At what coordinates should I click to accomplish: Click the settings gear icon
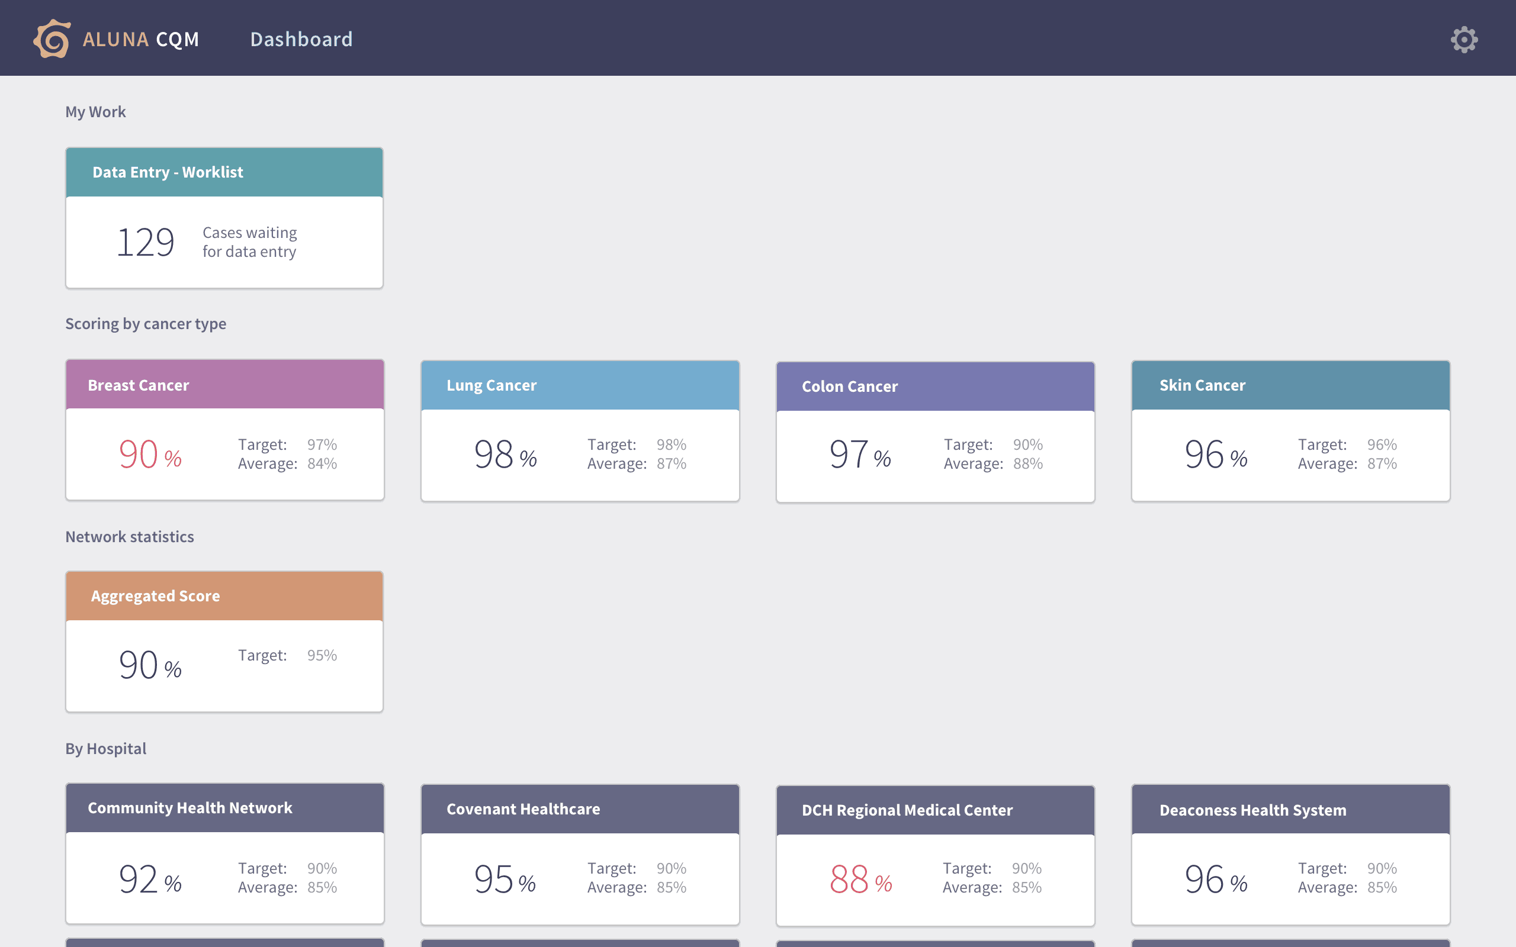1464,40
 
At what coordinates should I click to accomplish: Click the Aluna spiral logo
52,39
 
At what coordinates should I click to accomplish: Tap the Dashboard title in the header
301,40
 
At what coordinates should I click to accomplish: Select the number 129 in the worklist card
145,243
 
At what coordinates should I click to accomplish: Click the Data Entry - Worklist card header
224,172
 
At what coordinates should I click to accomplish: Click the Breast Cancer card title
139,385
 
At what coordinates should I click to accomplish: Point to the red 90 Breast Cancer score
139,454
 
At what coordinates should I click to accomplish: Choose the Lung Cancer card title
492,385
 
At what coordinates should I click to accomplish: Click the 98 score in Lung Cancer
494,454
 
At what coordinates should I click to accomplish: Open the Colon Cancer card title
849,386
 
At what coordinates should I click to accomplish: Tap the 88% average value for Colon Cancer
1028,463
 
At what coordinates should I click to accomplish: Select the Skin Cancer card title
1202,385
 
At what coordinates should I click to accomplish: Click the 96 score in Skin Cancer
1204,454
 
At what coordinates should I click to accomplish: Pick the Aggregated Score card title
155,595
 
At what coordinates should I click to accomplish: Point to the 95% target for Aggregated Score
322,655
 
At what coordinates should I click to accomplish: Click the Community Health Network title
190,808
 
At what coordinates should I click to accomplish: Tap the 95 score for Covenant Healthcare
494,879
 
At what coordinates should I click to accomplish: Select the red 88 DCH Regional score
849,879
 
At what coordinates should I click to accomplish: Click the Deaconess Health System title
1253,810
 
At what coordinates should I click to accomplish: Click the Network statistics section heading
130,537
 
